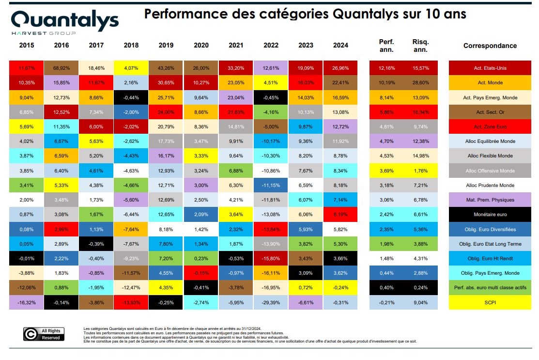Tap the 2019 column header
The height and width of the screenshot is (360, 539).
pos(166,46)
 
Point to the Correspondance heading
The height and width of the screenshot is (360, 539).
pos(490,46)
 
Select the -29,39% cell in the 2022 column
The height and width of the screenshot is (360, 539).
pos(271,303)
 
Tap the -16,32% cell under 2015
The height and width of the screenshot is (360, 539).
pos(27,303)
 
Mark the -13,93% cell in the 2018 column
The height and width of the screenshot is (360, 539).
pos(131,303)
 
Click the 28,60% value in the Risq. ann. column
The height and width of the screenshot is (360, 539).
pos(420,82)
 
